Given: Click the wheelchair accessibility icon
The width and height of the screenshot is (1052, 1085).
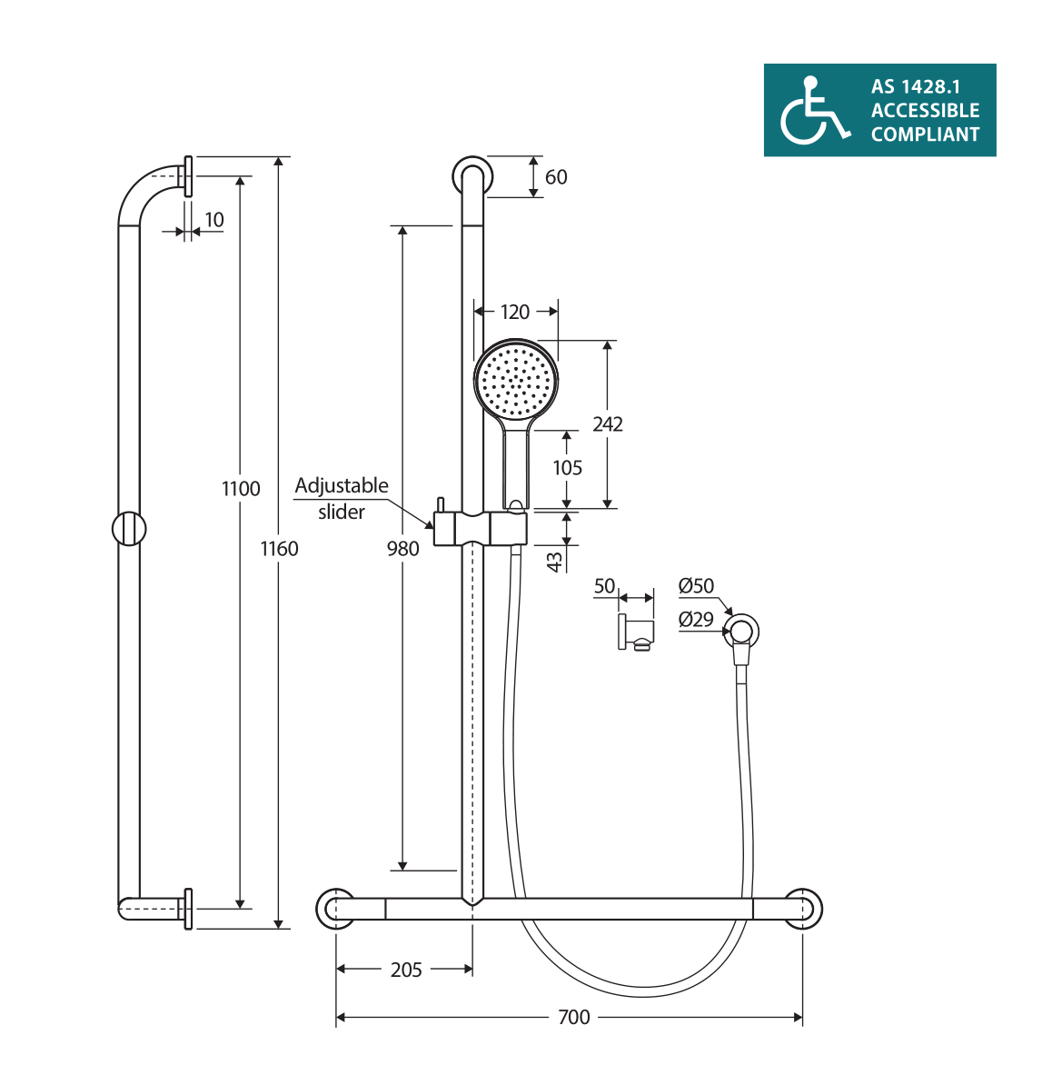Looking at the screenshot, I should pyautogui.click(x=814, y=111).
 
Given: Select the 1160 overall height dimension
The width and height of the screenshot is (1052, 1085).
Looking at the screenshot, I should pyautogui.click(x=279, y=548).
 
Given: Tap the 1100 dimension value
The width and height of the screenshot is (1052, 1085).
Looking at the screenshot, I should pyautogui.click(x=241, y=489).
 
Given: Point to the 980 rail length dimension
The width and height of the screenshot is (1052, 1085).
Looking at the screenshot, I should pyautogui.click(x=403, y=548).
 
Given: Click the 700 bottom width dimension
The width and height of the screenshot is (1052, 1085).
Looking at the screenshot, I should pyautogui.click(x=574, y=1017).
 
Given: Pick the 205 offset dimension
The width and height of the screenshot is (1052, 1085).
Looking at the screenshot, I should pyautogui.click(x=406, y=970).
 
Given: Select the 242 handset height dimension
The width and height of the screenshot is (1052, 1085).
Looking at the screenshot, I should pyautogui.click(x=608, y=424).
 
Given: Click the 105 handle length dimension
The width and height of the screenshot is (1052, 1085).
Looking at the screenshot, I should pyautogui.click(x=568, y=468).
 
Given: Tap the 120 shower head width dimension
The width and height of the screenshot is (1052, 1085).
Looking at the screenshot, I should pyautogui.click(x=515, y=312).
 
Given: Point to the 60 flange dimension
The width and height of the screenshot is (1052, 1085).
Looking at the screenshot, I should pyautogui.click(x=556, y=177).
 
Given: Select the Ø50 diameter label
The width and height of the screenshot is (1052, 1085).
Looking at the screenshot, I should pyautogui.click(x=697, y=586).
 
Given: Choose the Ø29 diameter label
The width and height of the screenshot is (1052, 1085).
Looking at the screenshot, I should pyautogui.click(x=697, y=620).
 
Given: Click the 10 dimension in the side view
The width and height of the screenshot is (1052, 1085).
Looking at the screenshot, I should pyautogui.click(x=214, y=220).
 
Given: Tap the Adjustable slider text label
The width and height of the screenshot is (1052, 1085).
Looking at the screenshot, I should pyautogui.click(x=342, y=498).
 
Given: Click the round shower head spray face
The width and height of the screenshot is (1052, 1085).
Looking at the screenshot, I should pyautogui.click(x=515, y=380).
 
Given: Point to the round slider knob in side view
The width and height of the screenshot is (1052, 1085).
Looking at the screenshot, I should pyautogui.click(x=129, y=529).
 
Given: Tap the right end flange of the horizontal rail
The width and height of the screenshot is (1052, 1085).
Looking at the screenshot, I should pyautogui.click(x=803, y=909).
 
